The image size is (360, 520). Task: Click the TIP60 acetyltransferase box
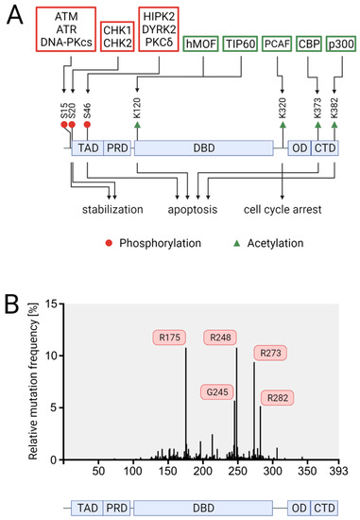point(222,44)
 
